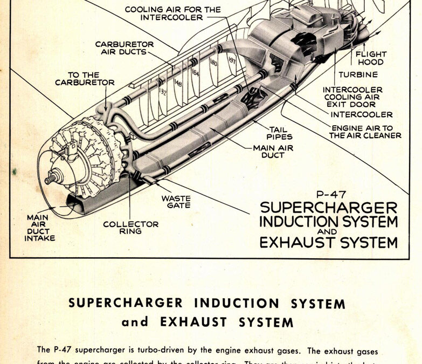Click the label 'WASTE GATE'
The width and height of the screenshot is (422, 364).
pos(176,202)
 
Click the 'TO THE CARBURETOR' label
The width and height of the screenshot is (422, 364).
pos(85,79)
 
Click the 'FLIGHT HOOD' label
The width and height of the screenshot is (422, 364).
pos(370,58)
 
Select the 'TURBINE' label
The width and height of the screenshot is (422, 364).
pos(358,74)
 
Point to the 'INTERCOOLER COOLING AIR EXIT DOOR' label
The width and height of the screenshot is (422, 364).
pos(352,97)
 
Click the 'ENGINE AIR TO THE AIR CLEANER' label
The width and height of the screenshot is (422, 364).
pos(365,132)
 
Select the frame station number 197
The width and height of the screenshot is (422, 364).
pos(232,60)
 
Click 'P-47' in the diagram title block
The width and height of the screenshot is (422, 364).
pos(329,196)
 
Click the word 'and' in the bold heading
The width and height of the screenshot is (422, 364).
pos(134,322)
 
